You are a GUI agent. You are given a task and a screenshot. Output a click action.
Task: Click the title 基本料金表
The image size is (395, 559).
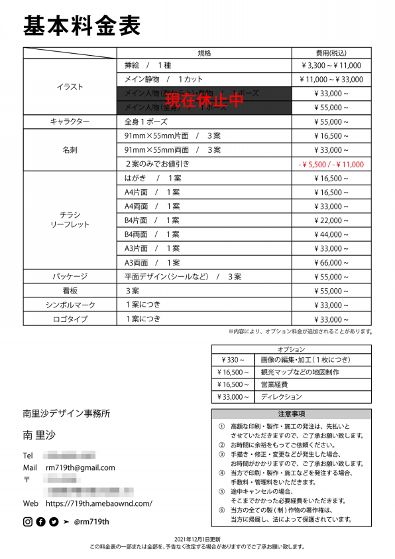pyautogui.click(x=82, y=26)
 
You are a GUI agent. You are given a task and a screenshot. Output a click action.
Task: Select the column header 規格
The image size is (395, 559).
pyautogui.click(x=204, y=53)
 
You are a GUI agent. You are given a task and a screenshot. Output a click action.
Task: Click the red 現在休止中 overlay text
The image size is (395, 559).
pyautogui.click(x=204, y=100)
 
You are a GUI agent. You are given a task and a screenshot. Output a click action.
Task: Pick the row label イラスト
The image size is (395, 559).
pyautogui.click(x=70, y=87)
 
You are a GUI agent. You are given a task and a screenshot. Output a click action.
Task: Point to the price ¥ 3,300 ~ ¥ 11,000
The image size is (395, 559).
pyautogui.click(x=331, y=66)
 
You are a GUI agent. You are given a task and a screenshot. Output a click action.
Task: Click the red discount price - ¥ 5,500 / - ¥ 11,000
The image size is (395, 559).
pyautogui.click(x=331, y=164)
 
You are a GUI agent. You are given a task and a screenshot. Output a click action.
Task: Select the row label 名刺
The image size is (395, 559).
pyautogui.click(x=70, y=150)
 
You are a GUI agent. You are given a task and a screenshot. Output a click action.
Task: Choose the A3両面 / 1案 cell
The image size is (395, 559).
pyautogui.click(x=152, y=262)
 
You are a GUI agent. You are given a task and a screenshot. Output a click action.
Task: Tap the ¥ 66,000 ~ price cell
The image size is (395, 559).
pyautogui.click(x=331, y=262)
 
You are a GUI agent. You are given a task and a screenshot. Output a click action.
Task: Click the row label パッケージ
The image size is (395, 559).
pyautogui.click(x=70, y=276)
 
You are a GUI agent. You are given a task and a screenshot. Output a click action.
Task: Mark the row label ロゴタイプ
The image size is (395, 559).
pyautogui.click(x=70, y=319)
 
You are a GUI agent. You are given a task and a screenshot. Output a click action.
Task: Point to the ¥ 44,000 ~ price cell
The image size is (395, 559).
pyautogui.click(x=331, y=234)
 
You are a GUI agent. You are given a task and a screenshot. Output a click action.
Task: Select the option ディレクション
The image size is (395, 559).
pyautogui.click(x=282, y=397)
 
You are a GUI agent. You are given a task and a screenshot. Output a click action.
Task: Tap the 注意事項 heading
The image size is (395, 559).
pyautogui.click(x=291, y=414)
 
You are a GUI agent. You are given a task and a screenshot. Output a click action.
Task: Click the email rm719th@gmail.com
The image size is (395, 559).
pyautogui.click(x=80, y=467)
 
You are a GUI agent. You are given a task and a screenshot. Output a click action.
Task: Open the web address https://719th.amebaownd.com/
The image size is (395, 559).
pyautogui.click(x=99, y=503)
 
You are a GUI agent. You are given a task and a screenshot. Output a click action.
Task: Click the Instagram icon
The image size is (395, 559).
pyautogui.click(x=28, y=522)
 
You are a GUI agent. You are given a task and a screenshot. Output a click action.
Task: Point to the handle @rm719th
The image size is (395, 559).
pyautogui.click(x=91, y=522)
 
